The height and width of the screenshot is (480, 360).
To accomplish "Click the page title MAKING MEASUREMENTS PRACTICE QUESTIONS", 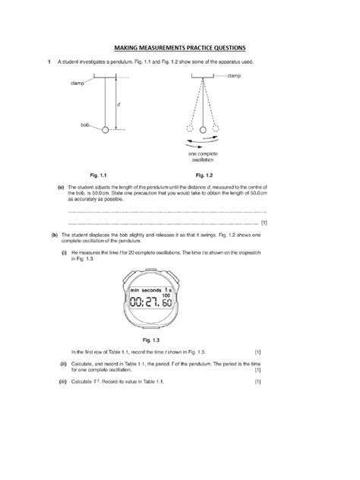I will (179, 46).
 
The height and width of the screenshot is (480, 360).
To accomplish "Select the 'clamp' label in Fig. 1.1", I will (77, 84).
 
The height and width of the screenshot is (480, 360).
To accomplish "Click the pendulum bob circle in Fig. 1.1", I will (104, 131).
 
